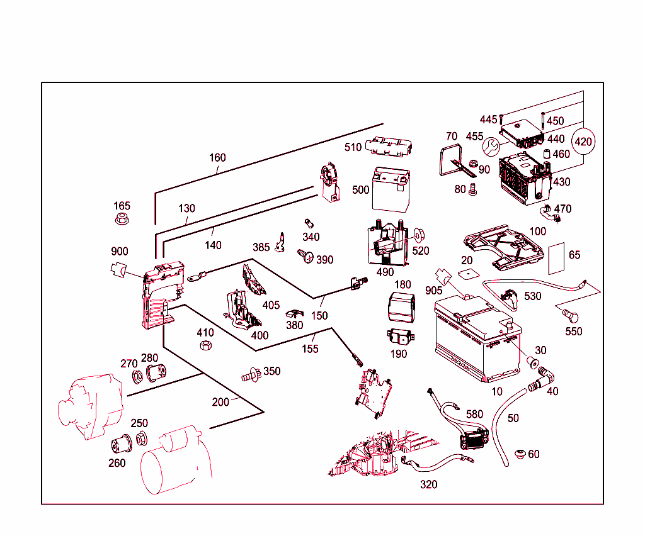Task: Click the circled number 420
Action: click(584, 142)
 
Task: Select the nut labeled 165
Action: click(122, 220)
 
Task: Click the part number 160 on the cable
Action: click(217, 157)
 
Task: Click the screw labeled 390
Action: click(305, 255)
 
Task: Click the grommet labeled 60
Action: click(520, 454)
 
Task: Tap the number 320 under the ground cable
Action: click(428, 484)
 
